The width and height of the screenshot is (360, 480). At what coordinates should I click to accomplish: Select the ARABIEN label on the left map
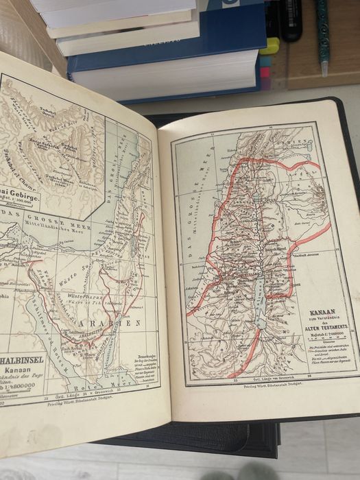pyautogui.click(x=110, y=322)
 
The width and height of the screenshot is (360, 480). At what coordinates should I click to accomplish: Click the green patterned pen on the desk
pyautogui.click(x=322, y=34)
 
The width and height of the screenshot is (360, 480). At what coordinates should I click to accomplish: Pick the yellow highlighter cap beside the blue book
pyautogui.click(x=273, y=47)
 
